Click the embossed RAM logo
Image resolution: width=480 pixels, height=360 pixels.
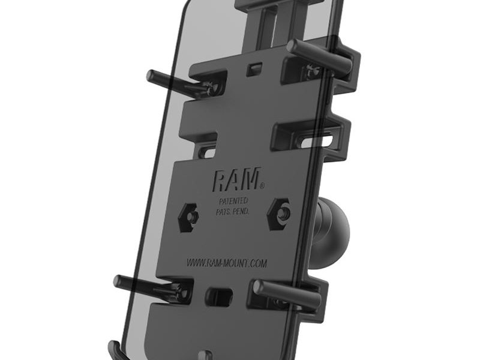click(x=236, y=178)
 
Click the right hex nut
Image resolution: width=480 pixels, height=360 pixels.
click(x=281, y=211)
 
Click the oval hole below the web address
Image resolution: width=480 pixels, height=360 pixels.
click(x=218, y=296)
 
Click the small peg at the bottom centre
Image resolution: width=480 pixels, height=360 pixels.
click(x=208, y=354)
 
